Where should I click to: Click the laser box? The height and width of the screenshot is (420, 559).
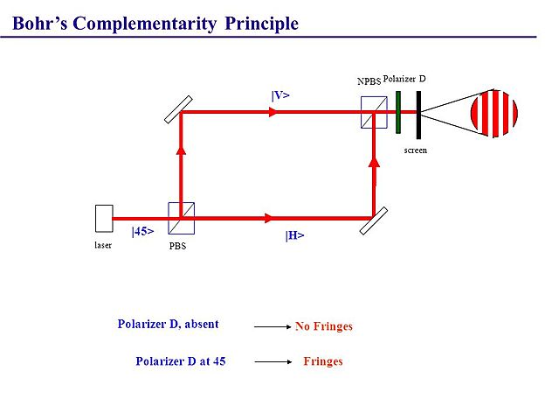(104, 218)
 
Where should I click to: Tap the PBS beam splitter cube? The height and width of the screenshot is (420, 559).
(181, 218)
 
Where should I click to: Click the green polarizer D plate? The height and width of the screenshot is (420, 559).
(397, 112)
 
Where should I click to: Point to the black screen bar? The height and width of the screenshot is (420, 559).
(418, 114)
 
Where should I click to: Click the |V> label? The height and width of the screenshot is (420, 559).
(280, 94)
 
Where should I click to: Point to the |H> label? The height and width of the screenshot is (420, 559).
(294, 235)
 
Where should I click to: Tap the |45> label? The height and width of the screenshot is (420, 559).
(142, 232)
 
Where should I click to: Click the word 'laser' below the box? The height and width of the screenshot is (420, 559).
(103, 245)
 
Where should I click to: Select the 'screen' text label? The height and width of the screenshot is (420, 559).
(416, 150)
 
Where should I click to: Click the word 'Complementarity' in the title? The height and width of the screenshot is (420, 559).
(144, 24)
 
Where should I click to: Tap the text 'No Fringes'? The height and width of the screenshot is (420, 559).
(324, 326)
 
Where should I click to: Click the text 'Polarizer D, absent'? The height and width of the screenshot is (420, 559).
(168, 324)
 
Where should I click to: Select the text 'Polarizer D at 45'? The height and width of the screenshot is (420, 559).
(181, 360)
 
